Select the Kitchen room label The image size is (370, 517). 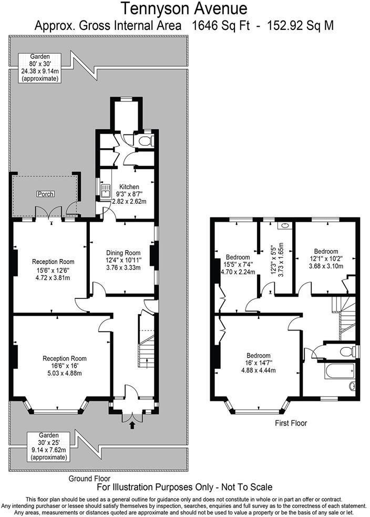point(129,187)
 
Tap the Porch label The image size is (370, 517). point(45,194)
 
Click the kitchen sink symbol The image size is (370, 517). point(105,192)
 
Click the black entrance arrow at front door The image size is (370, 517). point(131,426)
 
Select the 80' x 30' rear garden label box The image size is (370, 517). point(40,68)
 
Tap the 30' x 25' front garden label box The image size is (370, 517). point(48,446)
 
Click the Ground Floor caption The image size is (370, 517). point(89,479)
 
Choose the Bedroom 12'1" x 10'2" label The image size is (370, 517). point(326,258)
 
